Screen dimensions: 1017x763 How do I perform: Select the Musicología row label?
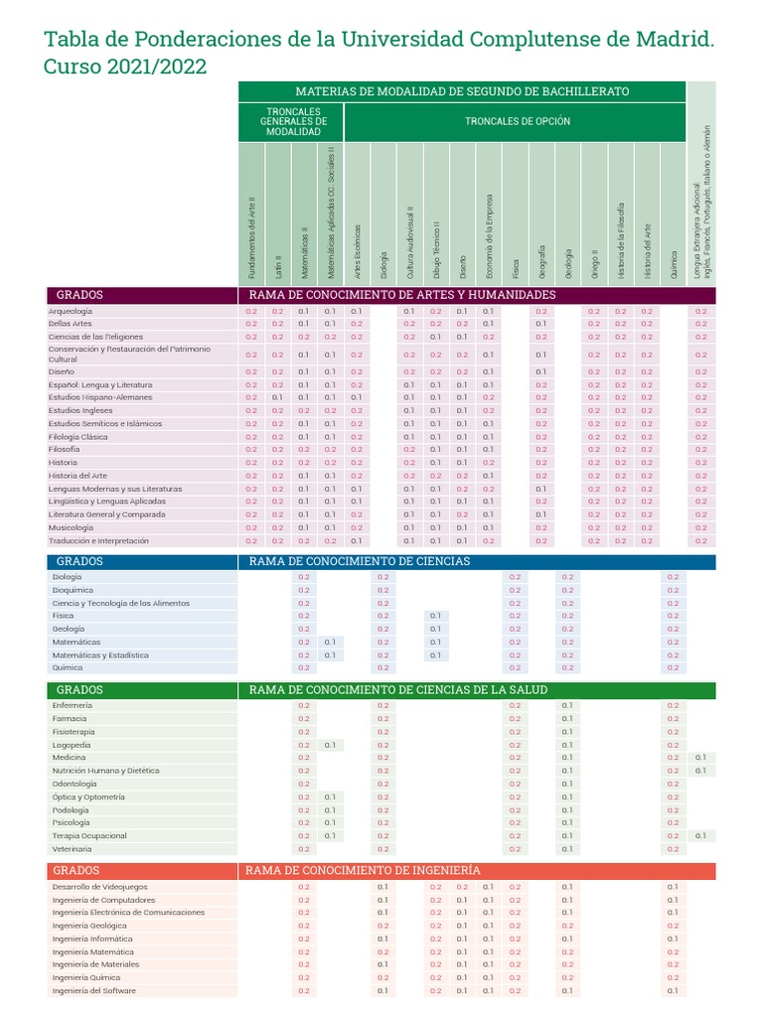pyautogui.click(x=71, y=527)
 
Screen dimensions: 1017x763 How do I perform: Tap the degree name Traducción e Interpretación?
pyautogui.click(x=98, y=540)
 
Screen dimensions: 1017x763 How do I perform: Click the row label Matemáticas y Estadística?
pyautogui.click(x=100, y=654)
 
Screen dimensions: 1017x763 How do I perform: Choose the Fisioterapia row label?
pyautogui.click(x=73, y=731)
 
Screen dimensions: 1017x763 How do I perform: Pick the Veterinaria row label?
pyautogui.click(x=72, y=849)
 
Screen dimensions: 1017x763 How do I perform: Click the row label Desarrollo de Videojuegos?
pyautogui.click(x=99, y=886)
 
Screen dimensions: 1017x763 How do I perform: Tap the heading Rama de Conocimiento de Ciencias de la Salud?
pyautogui.click(x=397, y=689)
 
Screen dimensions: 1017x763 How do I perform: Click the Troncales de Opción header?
pyautogui.click(x=518, y=121)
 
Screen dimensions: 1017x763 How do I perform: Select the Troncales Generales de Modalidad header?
pyautogui.click(x=293, y=121)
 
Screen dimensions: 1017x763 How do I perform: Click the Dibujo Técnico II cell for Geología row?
pyautogui.click(x=435, y=629)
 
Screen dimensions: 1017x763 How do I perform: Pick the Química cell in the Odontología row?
pyautogui.click(x=673, y=784)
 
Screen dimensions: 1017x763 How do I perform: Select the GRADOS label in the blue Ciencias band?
pyautogui.click(x=79, y=561)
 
